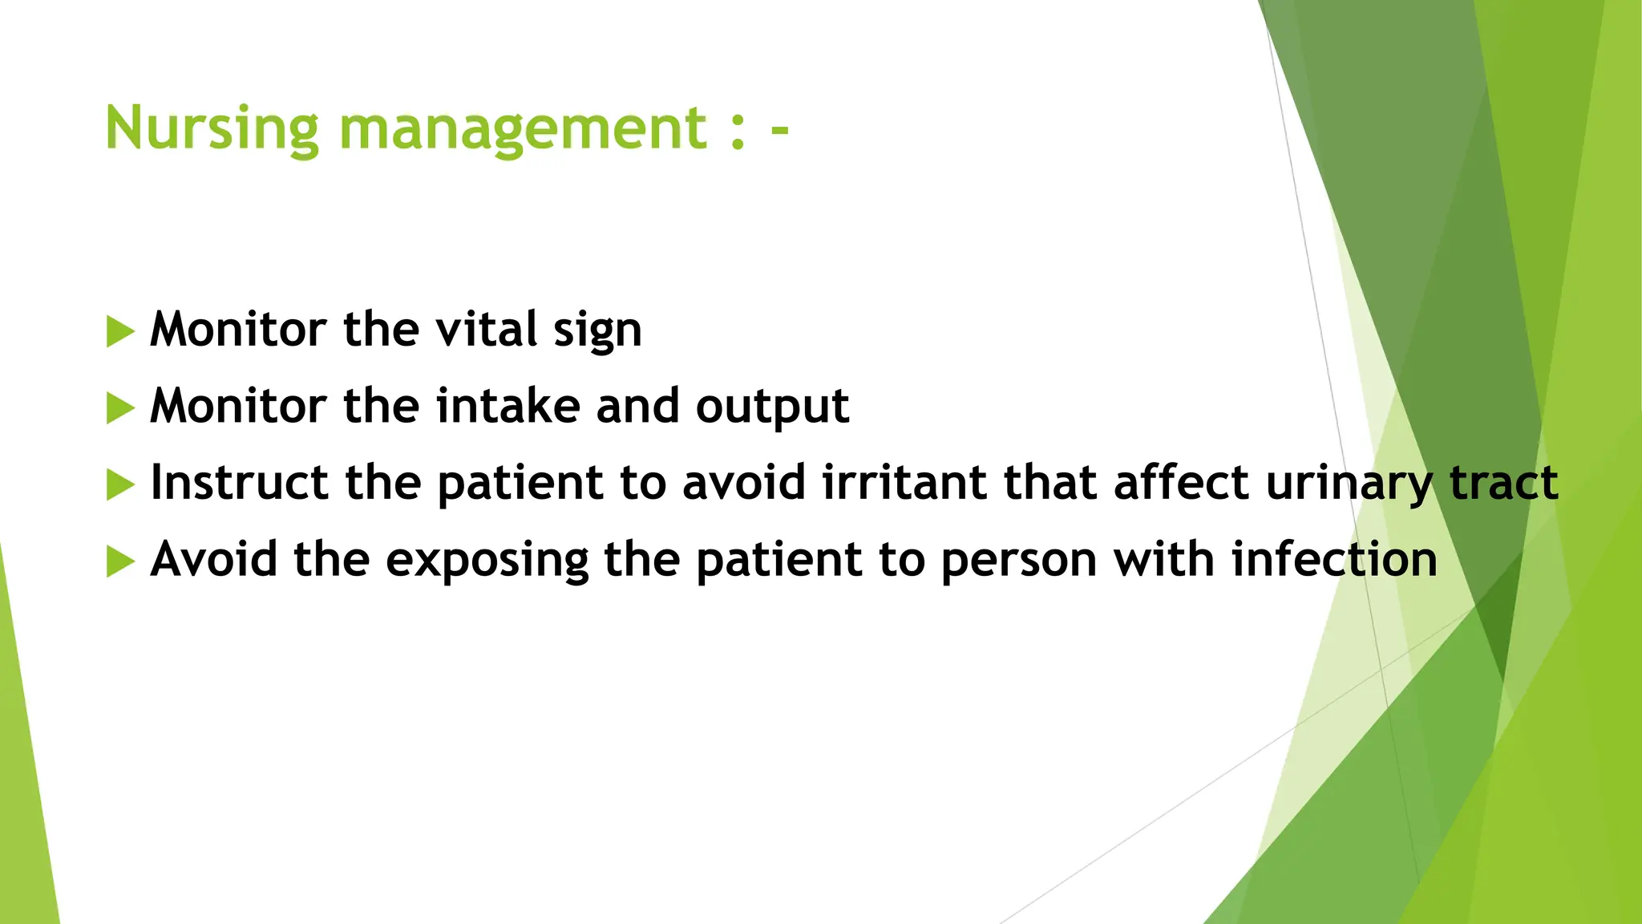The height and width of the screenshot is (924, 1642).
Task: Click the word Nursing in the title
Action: (x=212, y=128)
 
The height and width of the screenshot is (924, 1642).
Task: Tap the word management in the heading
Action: (x=523, y=128)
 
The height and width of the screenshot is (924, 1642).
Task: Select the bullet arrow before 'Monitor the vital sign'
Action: (x=119, y=331)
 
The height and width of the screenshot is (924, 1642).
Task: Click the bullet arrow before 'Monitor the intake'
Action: (x=119, y=408)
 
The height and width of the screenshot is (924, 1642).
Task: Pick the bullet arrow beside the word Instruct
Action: (x=119, y=484)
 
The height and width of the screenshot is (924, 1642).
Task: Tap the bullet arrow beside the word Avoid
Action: (x=119, y=561)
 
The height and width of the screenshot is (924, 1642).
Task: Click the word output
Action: (x=772, y=407)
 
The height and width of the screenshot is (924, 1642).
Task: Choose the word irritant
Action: (x=904, y=483)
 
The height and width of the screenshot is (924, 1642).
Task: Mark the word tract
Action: (x=1504, y=483)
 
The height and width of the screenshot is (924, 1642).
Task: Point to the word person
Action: (x=1018, y=561)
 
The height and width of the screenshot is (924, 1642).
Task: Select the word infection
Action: (x=1334, y=559)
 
